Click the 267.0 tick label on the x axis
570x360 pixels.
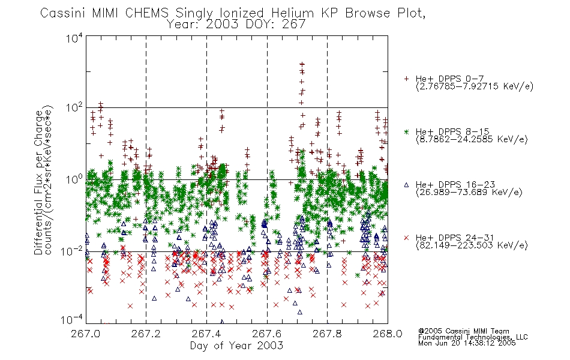pos(85,334)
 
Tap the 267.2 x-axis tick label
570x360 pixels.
pos(146,334)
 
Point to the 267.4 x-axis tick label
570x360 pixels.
pos(206,334)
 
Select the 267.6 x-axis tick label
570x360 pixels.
pos(267,334)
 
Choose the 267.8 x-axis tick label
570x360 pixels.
pos(327,334)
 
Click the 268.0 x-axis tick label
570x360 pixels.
pos(388,334)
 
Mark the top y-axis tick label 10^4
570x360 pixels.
pos(74,38)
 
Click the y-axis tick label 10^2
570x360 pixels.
pos(74,108)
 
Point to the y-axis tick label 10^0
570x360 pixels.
pos(74,179)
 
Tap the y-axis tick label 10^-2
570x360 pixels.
pos(72,251)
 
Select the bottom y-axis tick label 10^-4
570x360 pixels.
pos(72,320)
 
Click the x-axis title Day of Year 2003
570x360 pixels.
pos(236,346)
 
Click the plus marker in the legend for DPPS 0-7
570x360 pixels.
pos(406,79)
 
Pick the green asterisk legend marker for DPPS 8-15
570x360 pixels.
pos(406,132)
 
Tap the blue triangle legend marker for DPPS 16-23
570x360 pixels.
pos(406,185)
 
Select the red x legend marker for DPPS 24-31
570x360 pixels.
pos(406,238)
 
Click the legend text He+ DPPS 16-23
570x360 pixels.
pos(455,185)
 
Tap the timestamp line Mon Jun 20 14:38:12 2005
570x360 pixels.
pos(467,343)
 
